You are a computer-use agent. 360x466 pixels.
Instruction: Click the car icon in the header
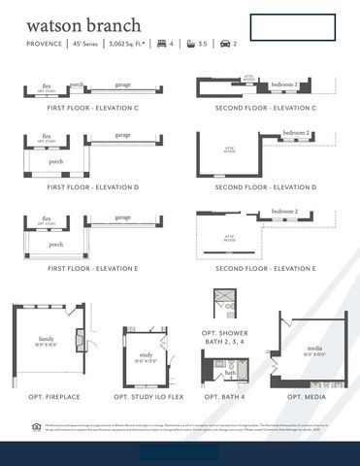225,44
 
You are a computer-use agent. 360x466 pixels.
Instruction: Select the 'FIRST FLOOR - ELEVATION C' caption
93,108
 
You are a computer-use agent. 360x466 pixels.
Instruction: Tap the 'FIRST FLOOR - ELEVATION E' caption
93,267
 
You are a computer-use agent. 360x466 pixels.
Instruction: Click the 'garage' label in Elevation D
123,137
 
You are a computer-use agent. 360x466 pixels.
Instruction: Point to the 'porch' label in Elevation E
56,245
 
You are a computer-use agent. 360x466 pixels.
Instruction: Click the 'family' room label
47,339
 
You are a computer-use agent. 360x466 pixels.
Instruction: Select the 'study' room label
147,355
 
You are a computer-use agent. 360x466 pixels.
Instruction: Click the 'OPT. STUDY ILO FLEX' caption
147,397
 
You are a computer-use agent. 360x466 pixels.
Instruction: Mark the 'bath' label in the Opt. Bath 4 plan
230,372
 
